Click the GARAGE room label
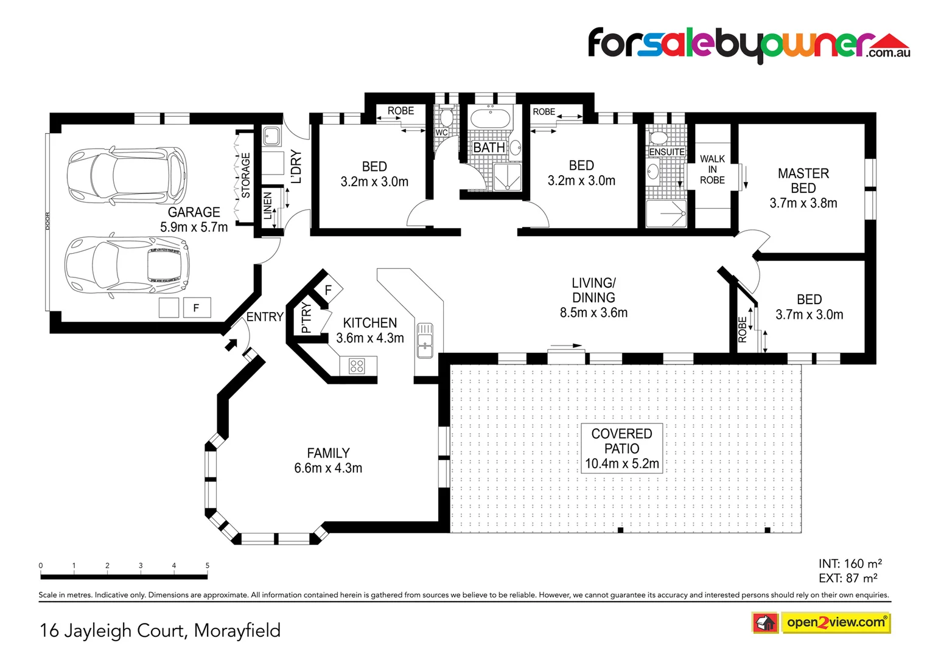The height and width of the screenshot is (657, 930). tap(194, 212)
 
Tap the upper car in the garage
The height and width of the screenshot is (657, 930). tap(127, 175)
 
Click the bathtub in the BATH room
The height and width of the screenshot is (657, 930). tap(490, 117)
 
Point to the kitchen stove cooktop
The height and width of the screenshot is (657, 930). tap(357, 366)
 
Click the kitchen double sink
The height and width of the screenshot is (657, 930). tap(425, 341)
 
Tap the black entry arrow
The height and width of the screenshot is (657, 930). tap(231, 345)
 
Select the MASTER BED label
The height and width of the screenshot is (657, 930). tap(803, 181)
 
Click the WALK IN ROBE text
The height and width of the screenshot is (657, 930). tap(712, 169)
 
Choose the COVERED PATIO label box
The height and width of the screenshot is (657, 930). tap(621, 448)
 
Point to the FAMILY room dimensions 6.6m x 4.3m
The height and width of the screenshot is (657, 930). tap(328, 468)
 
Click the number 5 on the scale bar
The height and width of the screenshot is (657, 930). tap(207, 566)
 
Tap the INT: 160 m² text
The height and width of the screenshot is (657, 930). tap(850, 564)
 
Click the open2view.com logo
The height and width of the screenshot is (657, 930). tap(835, 622)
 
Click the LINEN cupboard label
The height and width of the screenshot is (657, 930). tap(267, 206)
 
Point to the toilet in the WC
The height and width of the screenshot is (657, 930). tap(446, 116)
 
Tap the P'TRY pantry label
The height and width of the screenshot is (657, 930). tap(306, 319)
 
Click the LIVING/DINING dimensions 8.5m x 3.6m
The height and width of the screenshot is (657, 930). tap(593, 313)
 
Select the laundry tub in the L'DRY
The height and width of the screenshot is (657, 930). tap(271, 136)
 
